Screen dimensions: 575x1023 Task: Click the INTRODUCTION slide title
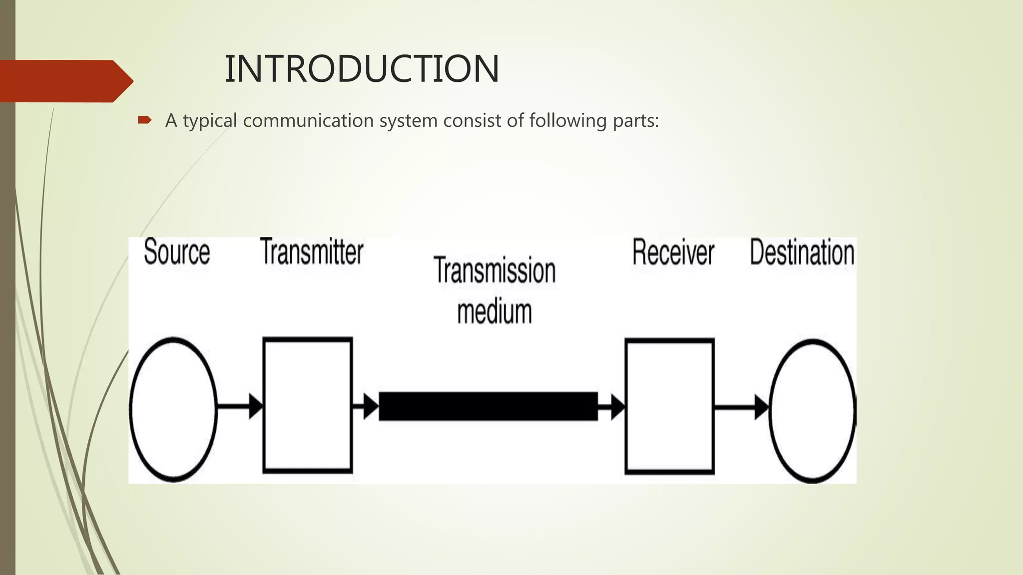(x=362, y=68)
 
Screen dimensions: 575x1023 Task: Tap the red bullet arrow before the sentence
(x=144, y=120)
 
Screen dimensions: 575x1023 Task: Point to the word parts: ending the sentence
(x=636, y=121)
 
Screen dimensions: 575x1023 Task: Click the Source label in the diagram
(x=177, y=252)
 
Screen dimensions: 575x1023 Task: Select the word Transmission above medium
(x=495, y=271)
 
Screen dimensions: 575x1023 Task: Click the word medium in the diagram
(x=495, y=311)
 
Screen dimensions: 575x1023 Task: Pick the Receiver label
(x=673, y=253)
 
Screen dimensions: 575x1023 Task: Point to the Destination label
(x=802, y=253)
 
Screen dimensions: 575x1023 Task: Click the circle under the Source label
(x=173, y=409)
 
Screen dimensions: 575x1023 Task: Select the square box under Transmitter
(x=308, y=405)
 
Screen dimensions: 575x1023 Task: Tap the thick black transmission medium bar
(x=488, y=406)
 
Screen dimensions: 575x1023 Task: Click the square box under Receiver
(x=669, y=405)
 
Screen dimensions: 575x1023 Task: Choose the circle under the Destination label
(x=812, y=410)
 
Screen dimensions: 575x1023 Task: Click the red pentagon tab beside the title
(x=65, y=81)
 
